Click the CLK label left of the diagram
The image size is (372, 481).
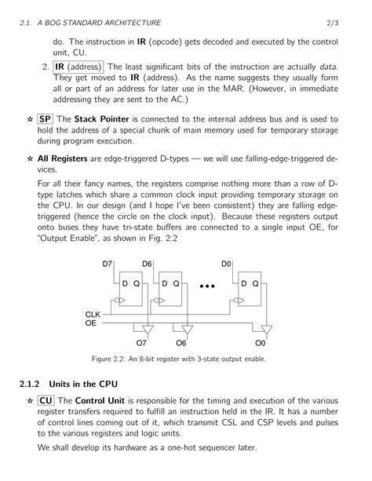pos(93,314)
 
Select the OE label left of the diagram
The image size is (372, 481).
pos(91,322)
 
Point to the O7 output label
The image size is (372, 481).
pos(142,343)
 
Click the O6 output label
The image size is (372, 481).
pos(181,343)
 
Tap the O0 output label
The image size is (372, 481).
pos(261,343)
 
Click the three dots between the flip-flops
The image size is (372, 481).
pos(206,286)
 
